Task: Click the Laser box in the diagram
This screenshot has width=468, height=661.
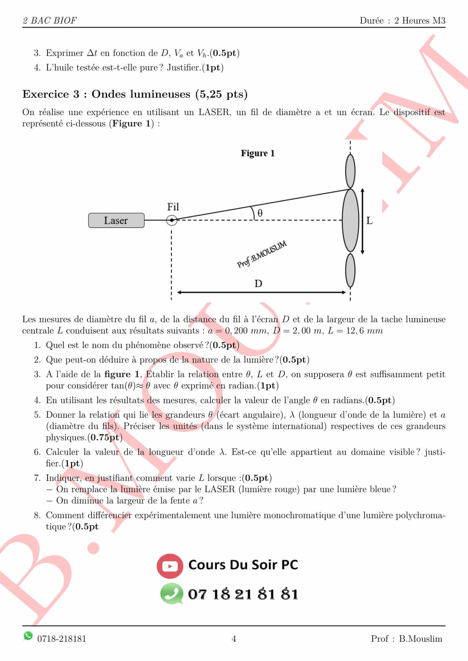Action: pyautogui.click(x=116, y=220)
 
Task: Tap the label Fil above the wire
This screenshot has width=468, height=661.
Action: pyautogui.click(x=173, y=207)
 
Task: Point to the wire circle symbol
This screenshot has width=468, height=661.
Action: pyautogui.click(x=172, y=220)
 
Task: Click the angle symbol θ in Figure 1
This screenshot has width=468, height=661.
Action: pyautogui.click(x=260, y=213)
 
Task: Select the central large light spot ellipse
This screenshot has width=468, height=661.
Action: pyautogui.click(x=350, y=220)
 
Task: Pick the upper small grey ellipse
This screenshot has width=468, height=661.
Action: pyautogui.click(x=350, y=171)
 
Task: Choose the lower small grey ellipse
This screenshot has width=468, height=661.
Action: pyautogui.click(x=350, y=270)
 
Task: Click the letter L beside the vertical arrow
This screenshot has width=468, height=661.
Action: pyautogui.click(x=369, y=221)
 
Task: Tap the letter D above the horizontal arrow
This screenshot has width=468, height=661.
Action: pyautogui.click(x=258, y=283)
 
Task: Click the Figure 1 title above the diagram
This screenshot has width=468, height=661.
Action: pyautogui.click(x=258, y=153)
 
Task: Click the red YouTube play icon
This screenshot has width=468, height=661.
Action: pyautogui.click(x=170, y=566)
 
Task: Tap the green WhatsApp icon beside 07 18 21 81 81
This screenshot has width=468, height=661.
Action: pyautogui.click(x=171, y=594)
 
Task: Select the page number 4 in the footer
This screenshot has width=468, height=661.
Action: pyautogui.click(x=234, y=639)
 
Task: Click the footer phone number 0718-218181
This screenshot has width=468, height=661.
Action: pyautogui.click(x=62, y=639)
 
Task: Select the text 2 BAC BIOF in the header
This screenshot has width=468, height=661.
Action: pyautogui.click(x=49, y=20)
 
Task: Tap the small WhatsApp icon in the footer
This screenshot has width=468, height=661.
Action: pyautogui.click(x=28, y=636)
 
